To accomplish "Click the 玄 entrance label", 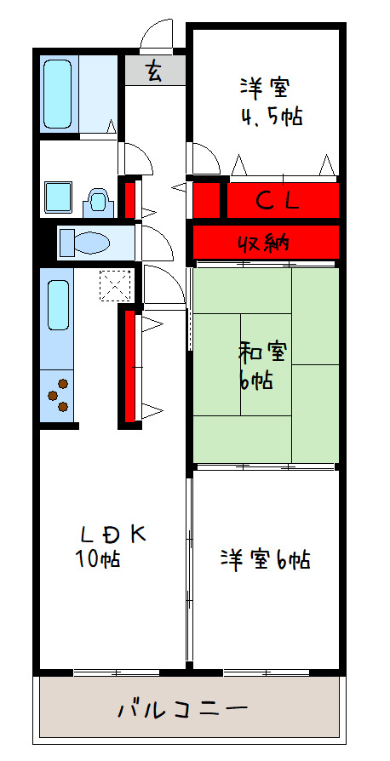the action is tap(153, 72).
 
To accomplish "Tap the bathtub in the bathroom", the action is tap(58, 94).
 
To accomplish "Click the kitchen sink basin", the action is tap(58, 306).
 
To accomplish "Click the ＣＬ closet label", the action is tap(278, 200).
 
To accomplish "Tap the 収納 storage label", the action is tap(264, 243).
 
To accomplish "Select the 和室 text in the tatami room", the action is tap(262, 353).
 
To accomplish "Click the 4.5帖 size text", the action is tap(272, 117).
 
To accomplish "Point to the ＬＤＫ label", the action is tap(113, 535).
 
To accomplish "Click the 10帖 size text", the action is tap(97, 559).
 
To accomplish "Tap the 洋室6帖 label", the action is tap(265, 559).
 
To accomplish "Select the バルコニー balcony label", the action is tap(183, 709).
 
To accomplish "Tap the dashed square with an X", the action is tap(115, 286).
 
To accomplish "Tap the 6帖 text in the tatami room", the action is tap(255, 382).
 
